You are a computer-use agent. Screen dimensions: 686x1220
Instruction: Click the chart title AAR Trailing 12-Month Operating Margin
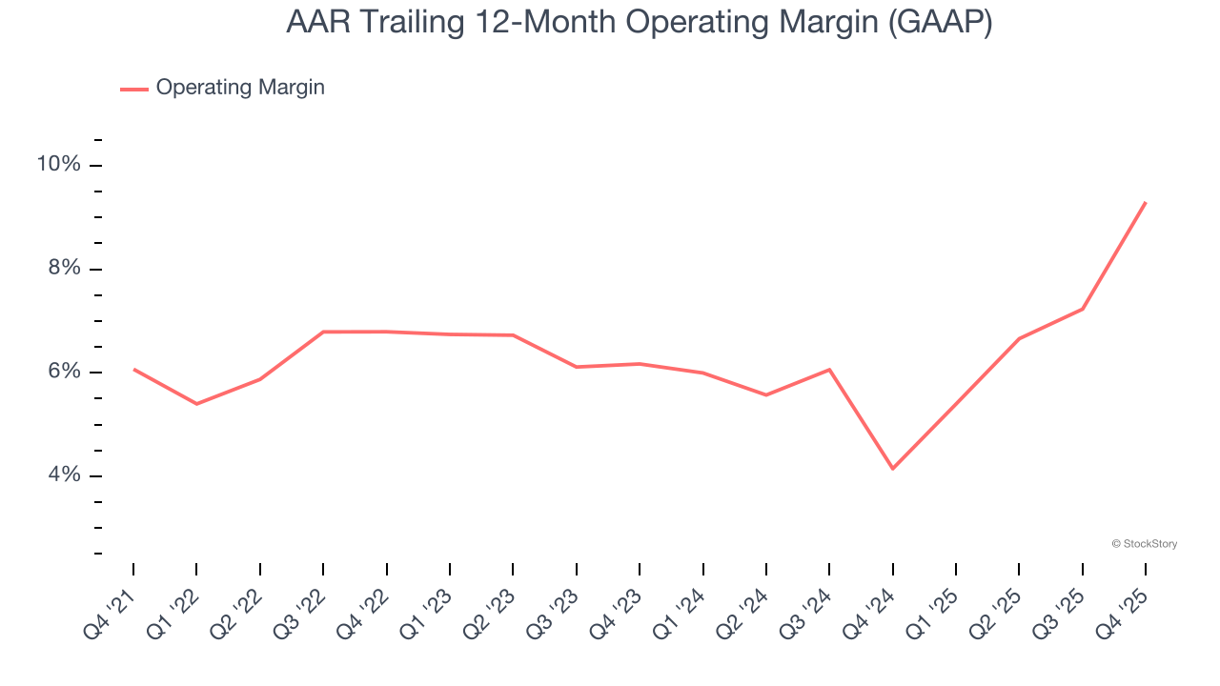coord(639,23)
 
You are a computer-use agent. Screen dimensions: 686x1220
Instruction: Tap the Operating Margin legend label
coord(240,88)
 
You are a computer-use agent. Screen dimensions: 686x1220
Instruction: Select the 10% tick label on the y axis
coord(58,165)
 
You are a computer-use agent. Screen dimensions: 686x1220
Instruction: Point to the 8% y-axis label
coord(63,269)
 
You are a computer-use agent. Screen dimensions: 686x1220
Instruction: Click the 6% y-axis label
coord(63,372)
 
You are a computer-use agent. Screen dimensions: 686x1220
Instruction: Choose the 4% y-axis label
coord(63,475)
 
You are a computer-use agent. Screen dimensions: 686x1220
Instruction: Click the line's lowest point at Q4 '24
coord(892,469)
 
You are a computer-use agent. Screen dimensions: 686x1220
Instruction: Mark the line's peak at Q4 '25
coord(1145,202)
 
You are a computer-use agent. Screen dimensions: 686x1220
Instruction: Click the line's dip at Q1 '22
coord(196,404)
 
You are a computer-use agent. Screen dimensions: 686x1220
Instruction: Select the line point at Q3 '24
coord(829,369)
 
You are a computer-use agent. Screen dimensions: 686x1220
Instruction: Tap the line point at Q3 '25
coord(1082,309)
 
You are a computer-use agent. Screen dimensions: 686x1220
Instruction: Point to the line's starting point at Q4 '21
coord(133,369)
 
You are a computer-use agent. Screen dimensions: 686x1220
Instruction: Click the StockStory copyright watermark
coord(1144,544)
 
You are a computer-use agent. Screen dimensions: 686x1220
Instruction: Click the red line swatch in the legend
coord(133,89)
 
